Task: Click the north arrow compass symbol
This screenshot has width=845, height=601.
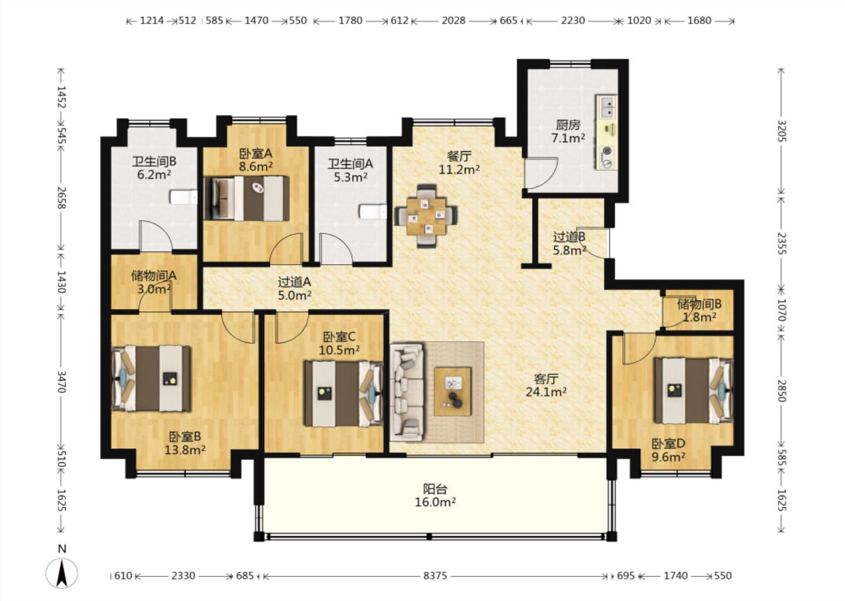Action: pos(62,573)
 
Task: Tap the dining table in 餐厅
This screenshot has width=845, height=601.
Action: pos(426,216)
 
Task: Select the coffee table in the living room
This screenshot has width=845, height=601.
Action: pos(452,391)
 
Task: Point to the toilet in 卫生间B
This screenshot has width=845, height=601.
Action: pos(184,197)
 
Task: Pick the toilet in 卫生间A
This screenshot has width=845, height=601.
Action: pos(373,212)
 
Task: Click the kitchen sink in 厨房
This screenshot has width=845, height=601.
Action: pos(607,106)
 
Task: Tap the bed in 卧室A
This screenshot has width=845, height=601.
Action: pos(246,198)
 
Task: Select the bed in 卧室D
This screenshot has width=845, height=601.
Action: pos(694,390)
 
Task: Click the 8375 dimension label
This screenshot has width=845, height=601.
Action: pos(435,576)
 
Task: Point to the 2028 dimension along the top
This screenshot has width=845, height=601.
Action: pos(454,21)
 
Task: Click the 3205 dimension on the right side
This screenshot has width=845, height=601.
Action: pos(780,130)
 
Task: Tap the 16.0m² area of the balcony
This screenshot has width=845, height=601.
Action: pos(435,502)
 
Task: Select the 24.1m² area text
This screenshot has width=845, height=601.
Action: pos(546,392)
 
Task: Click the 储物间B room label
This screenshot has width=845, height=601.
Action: pos(699,303)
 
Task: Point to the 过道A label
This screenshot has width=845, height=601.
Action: pos(294,282)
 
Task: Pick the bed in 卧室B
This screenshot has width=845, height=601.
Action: pos(151,379)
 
